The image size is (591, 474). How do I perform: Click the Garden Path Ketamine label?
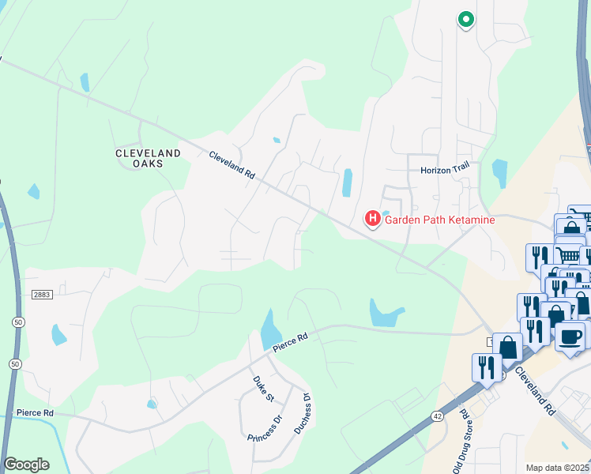(439, 220)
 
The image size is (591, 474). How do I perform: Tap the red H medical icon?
(372, 217)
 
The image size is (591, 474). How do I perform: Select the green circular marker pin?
(465, 20)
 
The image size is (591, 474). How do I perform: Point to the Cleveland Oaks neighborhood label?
(148, 158)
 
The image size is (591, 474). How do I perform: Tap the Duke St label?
(258, 390)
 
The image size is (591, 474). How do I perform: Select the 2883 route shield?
(42, 294)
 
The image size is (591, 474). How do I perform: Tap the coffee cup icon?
(570, 337)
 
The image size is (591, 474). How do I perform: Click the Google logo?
(26, 465)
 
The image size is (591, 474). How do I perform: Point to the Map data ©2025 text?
(557, 468)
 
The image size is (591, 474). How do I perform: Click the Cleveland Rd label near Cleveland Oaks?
(232, 166)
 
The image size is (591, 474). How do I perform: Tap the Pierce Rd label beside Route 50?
(34, 413)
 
